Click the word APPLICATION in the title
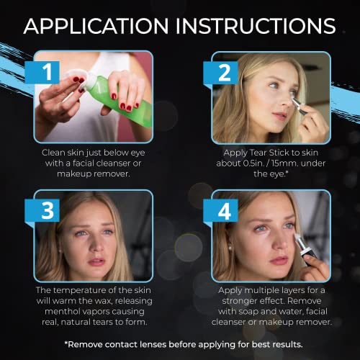pyautogui.click(x=96, y=26)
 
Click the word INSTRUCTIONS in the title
pyautogui.click(x=256, y=26)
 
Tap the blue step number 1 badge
pyautogui.click(x=42, y=72)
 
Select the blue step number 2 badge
pyautogui.click(x=220, y=73)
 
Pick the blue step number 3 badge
pyautogui.click(x=42, y=210)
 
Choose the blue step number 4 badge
pyautogui.click(x=220, y=211)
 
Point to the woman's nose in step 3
pyautogui.click(x=95, y=245)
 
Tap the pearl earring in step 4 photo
pyautogui.click(x=230, y=248)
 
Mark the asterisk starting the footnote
pyautogui.click(x=66, y=343)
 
